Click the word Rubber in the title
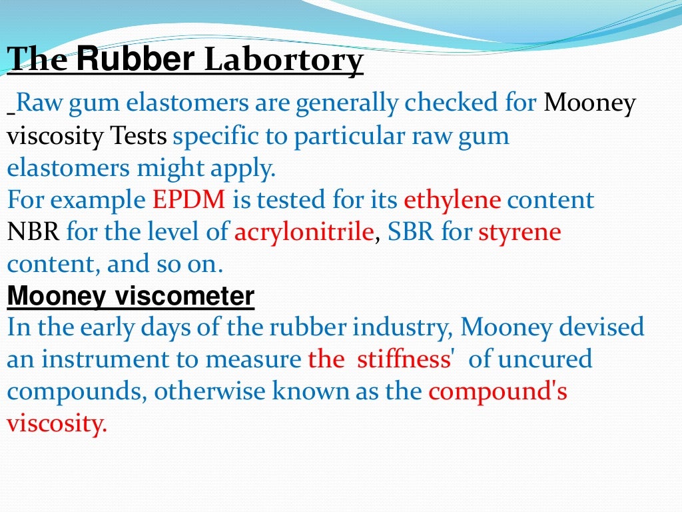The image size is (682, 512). tap(135, 60)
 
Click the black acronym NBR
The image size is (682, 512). tap(34, 232)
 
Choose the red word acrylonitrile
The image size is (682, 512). tap(303, 232)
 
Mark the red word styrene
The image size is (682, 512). tap(519, 232)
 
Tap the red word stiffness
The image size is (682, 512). tap(404, 360)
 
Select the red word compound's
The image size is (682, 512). tap(498, 392)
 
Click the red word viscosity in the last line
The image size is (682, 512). tap(57, 424)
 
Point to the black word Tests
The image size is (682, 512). tap(139, 137)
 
